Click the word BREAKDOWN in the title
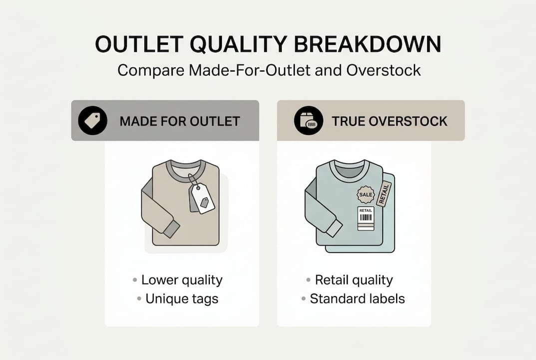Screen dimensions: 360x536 point(368,44)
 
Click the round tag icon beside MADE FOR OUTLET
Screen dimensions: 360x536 point(92,120)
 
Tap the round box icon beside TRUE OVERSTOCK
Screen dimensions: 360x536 point(308,120)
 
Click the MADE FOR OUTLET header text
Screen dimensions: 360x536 point(180,121)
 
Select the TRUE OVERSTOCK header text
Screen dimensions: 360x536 point(389,121)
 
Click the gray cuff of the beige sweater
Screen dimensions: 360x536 point(171,229)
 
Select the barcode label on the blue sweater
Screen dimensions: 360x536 point(366,218)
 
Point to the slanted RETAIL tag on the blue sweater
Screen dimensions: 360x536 point(385,193)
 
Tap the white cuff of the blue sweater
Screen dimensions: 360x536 point(334,228)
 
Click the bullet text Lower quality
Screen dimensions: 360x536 point(182,280)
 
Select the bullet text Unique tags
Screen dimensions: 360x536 point(182,299)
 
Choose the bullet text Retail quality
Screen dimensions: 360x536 point(354,280)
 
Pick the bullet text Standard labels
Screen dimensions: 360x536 point(357,299)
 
